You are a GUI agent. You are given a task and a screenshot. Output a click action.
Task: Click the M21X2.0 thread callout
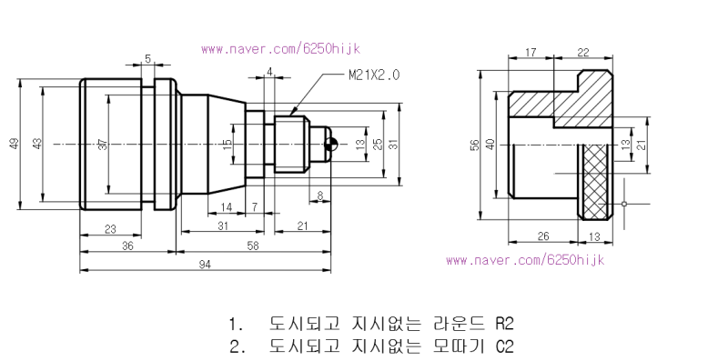coord(374,75)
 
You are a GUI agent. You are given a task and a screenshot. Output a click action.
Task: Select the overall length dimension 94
coord(205,265)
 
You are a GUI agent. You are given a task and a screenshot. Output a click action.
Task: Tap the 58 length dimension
coord(253,245)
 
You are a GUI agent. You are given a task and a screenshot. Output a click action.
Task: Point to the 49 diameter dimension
coord(15,144)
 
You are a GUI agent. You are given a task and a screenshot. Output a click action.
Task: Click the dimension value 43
coord(37,144)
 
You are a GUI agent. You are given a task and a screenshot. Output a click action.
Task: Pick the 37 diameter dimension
coord(103,145)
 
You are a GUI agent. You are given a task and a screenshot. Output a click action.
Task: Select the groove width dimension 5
coord(148,59)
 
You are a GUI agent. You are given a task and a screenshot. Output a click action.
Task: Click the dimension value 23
coord(110,229)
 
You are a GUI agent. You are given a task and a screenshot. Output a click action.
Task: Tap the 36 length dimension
coord(127,246)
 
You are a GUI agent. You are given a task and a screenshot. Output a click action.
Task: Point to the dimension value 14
coord(226,207)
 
